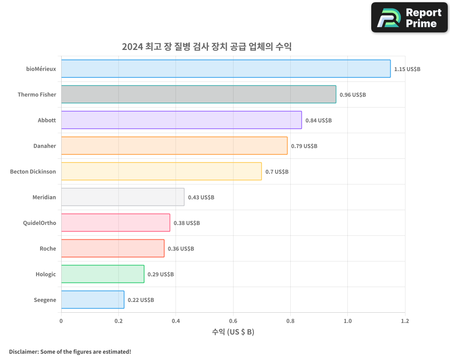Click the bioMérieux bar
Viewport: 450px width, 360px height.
(225, 69)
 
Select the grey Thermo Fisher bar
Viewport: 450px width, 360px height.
(198, 94)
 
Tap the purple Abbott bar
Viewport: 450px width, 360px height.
(181, 120)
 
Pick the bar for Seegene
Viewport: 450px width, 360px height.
(93, 300)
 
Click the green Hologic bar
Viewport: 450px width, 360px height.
(103, 274)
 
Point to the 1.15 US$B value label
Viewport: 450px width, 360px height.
(407, 69)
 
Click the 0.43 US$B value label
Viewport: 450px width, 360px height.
(201, 198)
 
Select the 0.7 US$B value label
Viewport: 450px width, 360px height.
(277, 172)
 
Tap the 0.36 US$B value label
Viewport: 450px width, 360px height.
(181, 249)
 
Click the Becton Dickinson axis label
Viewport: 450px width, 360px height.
(33, 171)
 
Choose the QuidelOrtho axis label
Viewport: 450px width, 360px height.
(39, 223)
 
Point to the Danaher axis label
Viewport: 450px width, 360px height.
(45, 146)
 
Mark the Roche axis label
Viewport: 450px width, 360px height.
(48, 248)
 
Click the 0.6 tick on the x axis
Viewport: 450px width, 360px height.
(233, 321)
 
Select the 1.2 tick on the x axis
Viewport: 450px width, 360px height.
(405, 321)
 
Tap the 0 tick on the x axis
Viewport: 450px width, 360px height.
(61, 321)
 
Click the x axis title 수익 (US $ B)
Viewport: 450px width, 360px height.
(233, 332)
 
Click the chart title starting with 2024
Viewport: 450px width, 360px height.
(207, 46)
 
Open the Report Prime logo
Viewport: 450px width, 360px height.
(409, 18)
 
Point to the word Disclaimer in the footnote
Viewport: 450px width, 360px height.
(23, 351)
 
